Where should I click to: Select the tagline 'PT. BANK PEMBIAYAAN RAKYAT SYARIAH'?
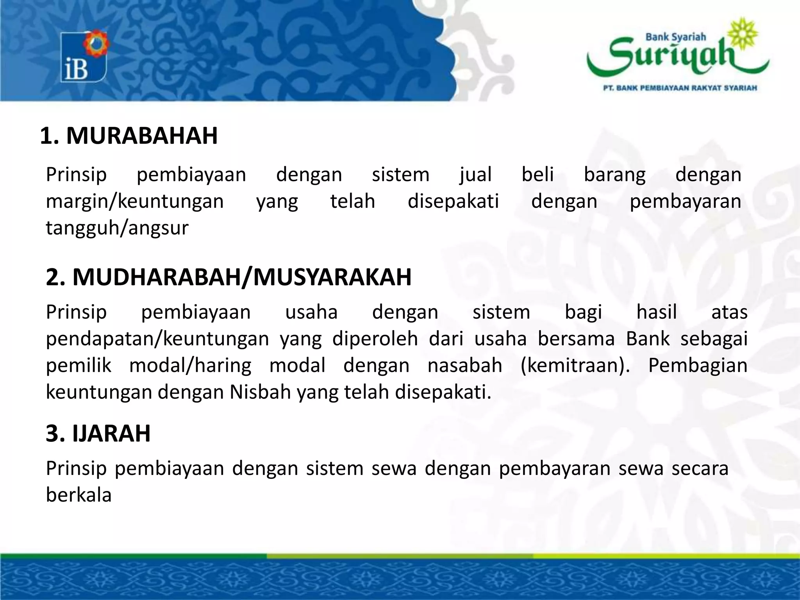pyautogui.click(x=680, y=88)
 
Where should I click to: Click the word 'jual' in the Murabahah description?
pyautogui.click(x=475, y=174)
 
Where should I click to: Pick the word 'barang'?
pyautogui.click(x=614, y=174)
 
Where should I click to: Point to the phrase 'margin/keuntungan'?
pyautogui.click(x=135, y=201)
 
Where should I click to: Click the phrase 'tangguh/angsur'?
pyautogui.click(x=117, y=228)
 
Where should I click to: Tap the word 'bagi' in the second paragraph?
pyautogui.click(x=583, y=312)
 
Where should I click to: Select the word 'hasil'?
pyautogui.click(x=657, y=312)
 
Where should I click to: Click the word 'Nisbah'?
pyautogui.click(x=260, y=392)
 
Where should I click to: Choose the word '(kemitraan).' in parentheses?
pyautogui.click(x=575, y=365)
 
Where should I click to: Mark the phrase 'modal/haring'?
pyautogui.click(x=190, y=365)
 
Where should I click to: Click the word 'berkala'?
pyautogui.click(x=79, y=495)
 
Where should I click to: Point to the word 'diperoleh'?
pyautogui.click(x=375, y=339)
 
